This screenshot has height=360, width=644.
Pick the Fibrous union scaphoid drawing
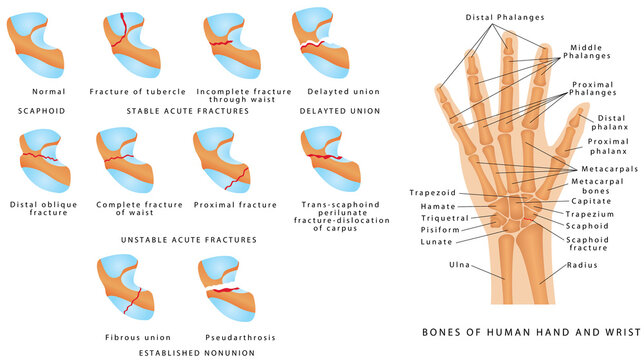(130, 289)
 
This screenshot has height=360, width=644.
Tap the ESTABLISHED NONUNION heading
(181, 352)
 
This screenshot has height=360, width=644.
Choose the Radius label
(581, 266)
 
